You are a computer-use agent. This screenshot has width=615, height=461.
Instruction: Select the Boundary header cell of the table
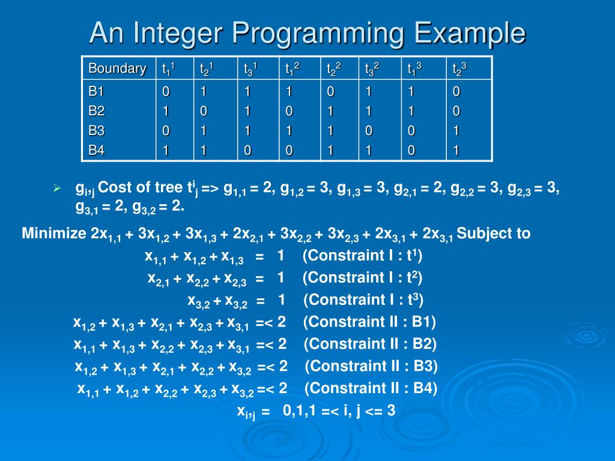pos(118,68)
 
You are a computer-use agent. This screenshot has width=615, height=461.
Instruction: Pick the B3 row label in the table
pos(97,131)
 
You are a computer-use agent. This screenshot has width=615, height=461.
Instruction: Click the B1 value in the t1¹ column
pos(166,92)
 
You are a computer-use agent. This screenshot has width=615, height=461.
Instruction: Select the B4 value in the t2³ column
pos(456,151)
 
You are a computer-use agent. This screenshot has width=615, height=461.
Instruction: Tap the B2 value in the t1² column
pos(289,112)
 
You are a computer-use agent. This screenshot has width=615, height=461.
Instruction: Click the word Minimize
pos(55,234)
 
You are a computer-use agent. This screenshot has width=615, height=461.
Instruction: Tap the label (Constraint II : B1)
pos(369,322)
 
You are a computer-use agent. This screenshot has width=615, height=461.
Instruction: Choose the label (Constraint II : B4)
pos(371,388)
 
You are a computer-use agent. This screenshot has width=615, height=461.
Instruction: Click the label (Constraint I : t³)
pos(364,300)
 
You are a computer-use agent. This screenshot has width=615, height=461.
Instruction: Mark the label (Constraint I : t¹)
pos(363,256)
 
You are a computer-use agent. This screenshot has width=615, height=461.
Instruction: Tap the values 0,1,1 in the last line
pos(299,411)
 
